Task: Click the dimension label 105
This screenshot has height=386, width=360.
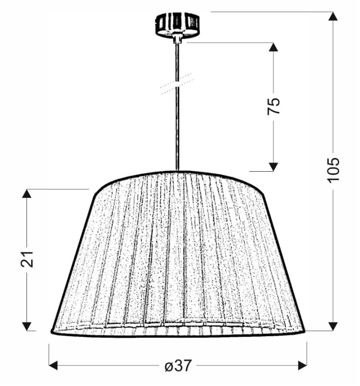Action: point(333,170)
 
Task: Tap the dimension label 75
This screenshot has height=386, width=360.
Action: point(274,106)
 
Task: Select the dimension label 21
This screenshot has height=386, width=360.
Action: point(27,259)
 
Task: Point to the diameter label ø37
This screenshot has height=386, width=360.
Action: point(178,365)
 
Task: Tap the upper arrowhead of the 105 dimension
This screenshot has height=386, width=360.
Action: point(333,16)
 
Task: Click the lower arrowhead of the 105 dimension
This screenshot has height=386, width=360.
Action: point(333,326)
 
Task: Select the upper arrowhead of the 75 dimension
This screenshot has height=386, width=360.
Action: point(273,47)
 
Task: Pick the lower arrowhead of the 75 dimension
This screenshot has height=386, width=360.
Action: point(273,166)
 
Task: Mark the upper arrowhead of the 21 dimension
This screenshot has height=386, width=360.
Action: point(27,193)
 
